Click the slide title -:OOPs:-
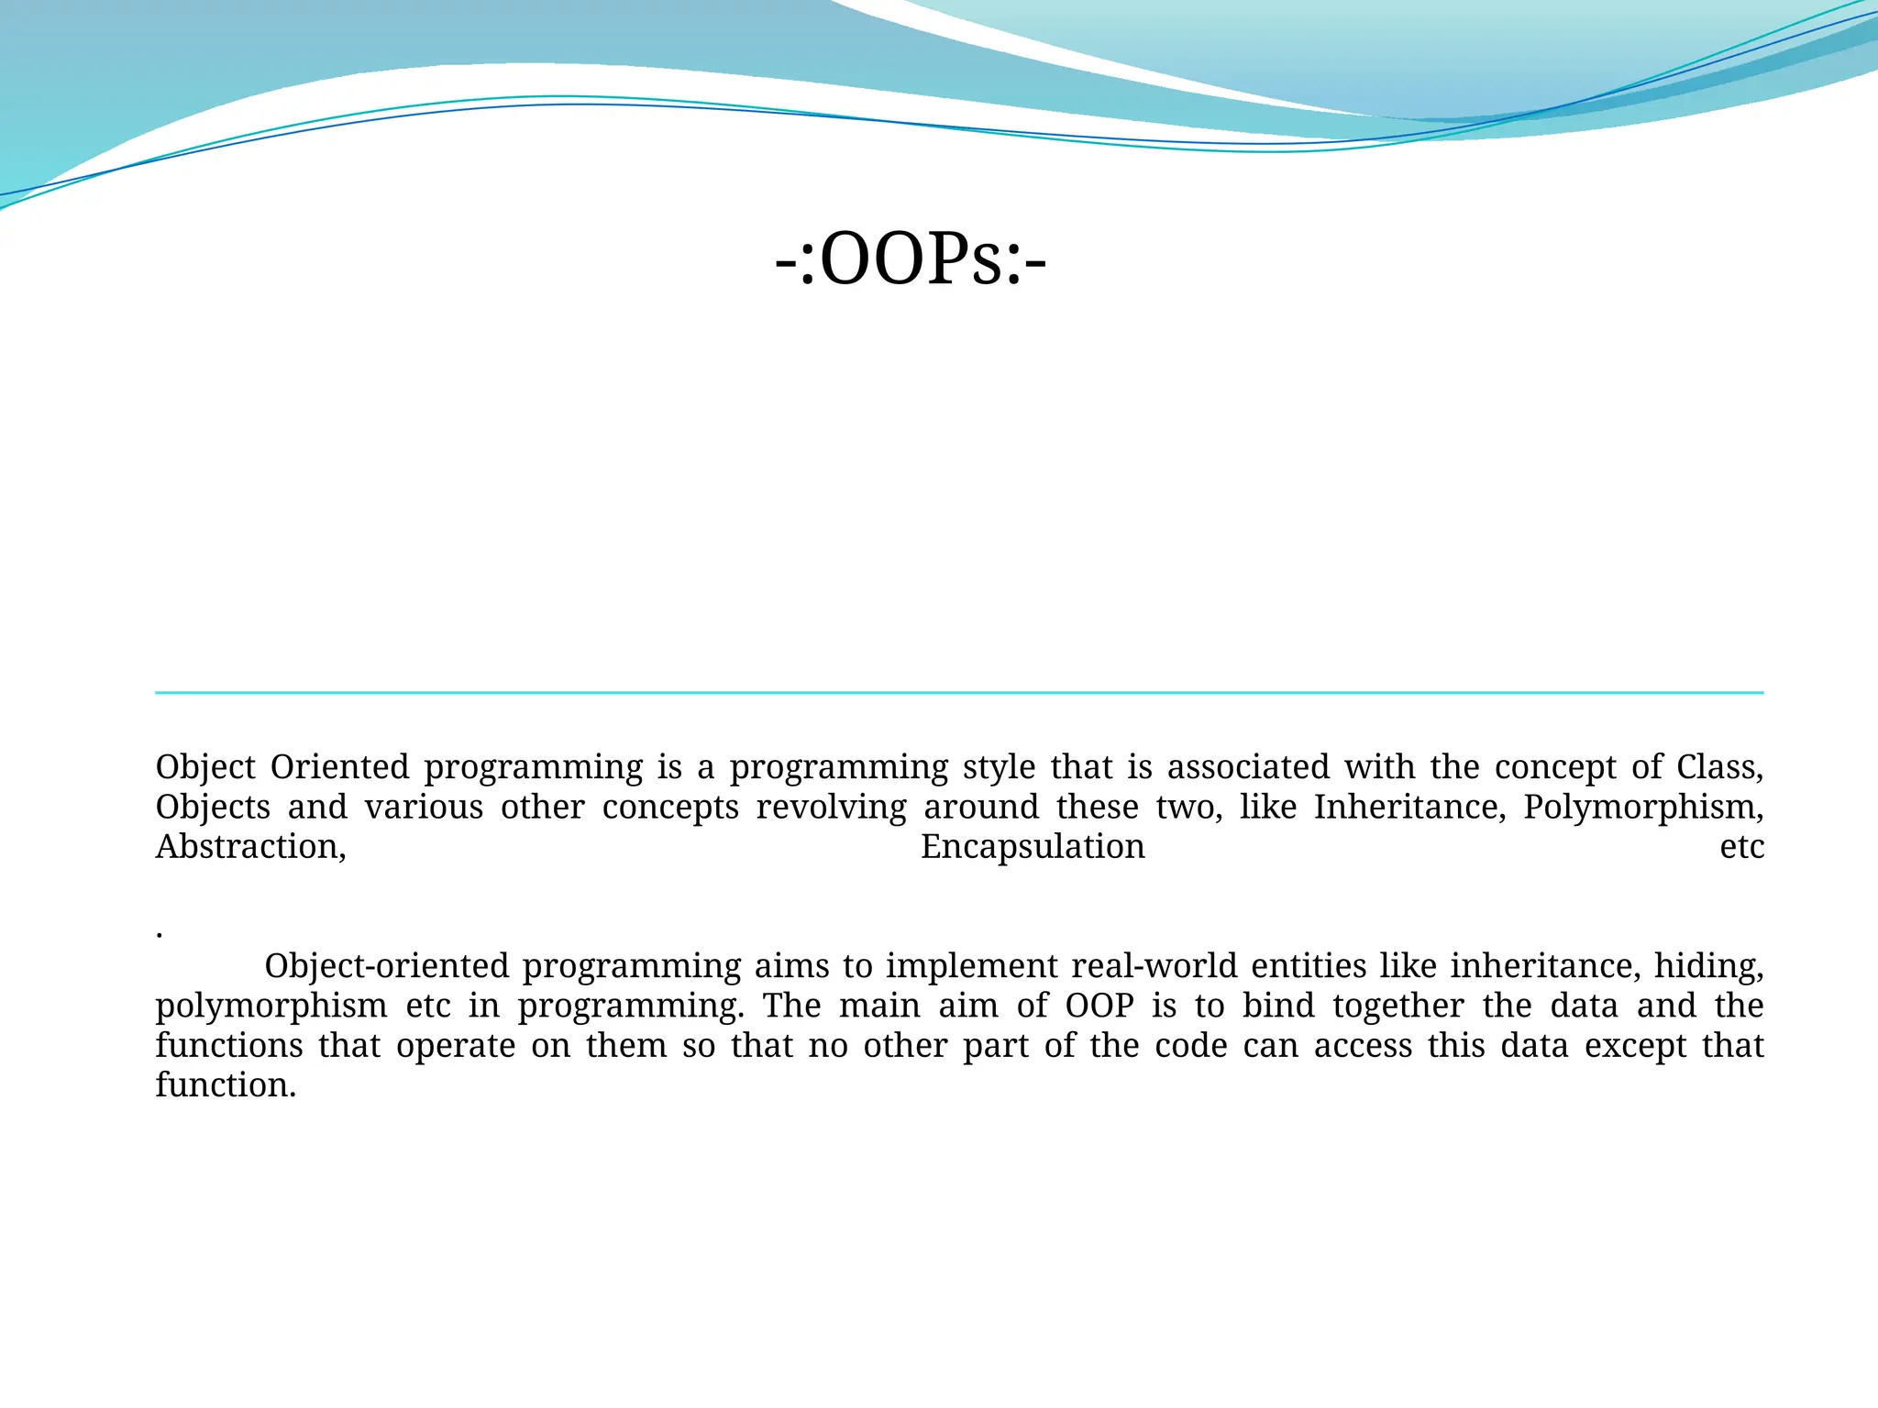click(910, 260)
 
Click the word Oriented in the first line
click(339, 767)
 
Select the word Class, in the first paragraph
click(1719, 767)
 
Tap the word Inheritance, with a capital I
click(1409, 808)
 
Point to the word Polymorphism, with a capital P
click(1643, 808)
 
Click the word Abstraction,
click(251, 847)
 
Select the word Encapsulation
click(1033, 847)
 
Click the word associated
click(1247, 767)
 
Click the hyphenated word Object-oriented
click(386, 966)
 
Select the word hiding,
click(1708, 966)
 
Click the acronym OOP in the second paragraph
click(1099, 1006)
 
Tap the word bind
click(1279, 1006)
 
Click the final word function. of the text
click(226, 1085)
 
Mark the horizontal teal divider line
click(959, 693)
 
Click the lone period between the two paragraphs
click(160, 935)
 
